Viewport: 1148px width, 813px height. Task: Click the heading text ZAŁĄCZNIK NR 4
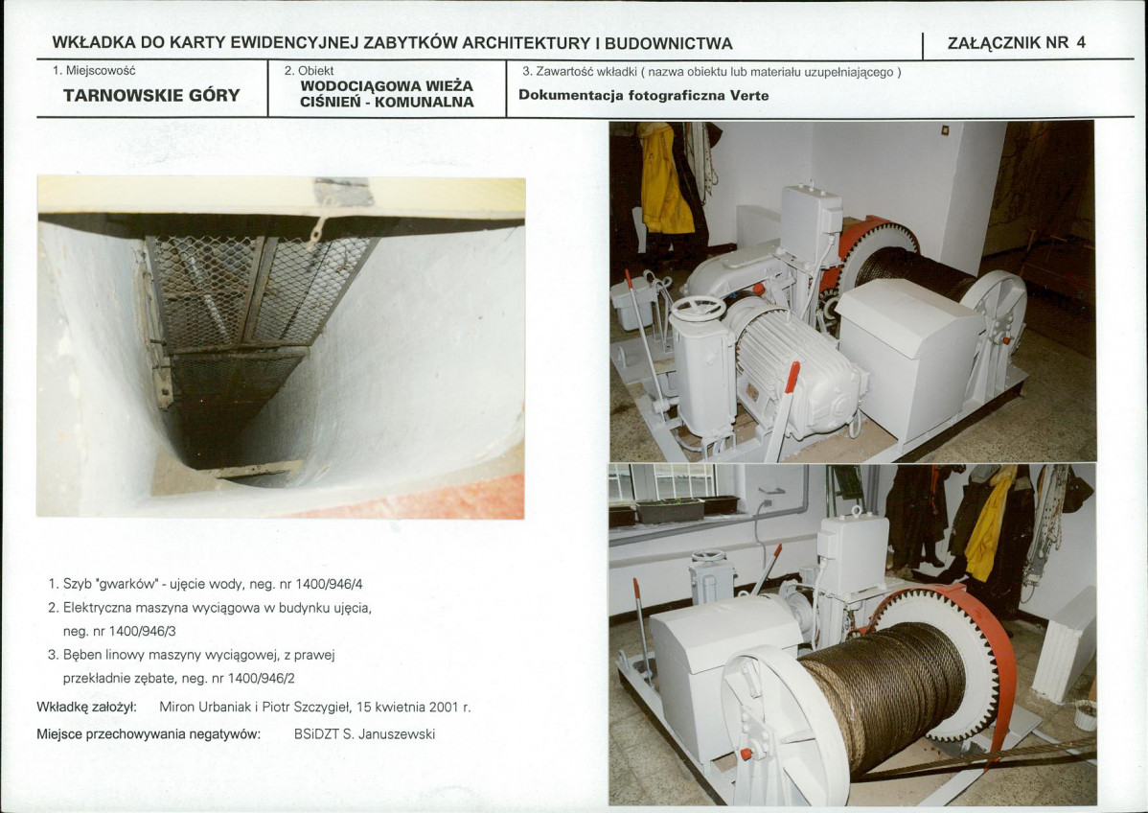(1016, 42)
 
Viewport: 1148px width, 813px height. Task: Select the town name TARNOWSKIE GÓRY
(151, 95)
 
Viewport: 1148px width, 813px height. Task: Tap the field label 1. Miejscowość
(94, 71)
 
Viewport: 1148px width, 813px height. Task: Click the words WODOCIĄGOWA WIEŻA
(387, 85)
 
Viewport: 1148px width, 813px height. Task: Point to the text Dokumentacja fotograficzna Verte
(644, 95)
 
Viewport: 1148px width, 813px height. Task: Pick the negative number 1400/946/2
(262, 679)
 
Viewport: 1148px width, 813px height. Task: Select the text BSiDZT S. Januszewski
(364, 733)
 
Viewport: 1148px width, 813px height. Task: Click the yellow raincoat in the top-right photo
(665, 179)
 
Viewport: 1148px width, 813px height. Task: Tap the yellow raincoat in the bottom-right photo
(989, 523)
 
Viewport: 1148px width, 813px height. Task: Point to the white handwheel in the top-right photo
(698, 309)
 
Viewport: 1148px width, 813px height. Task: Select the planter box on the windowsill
(670, 510)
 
